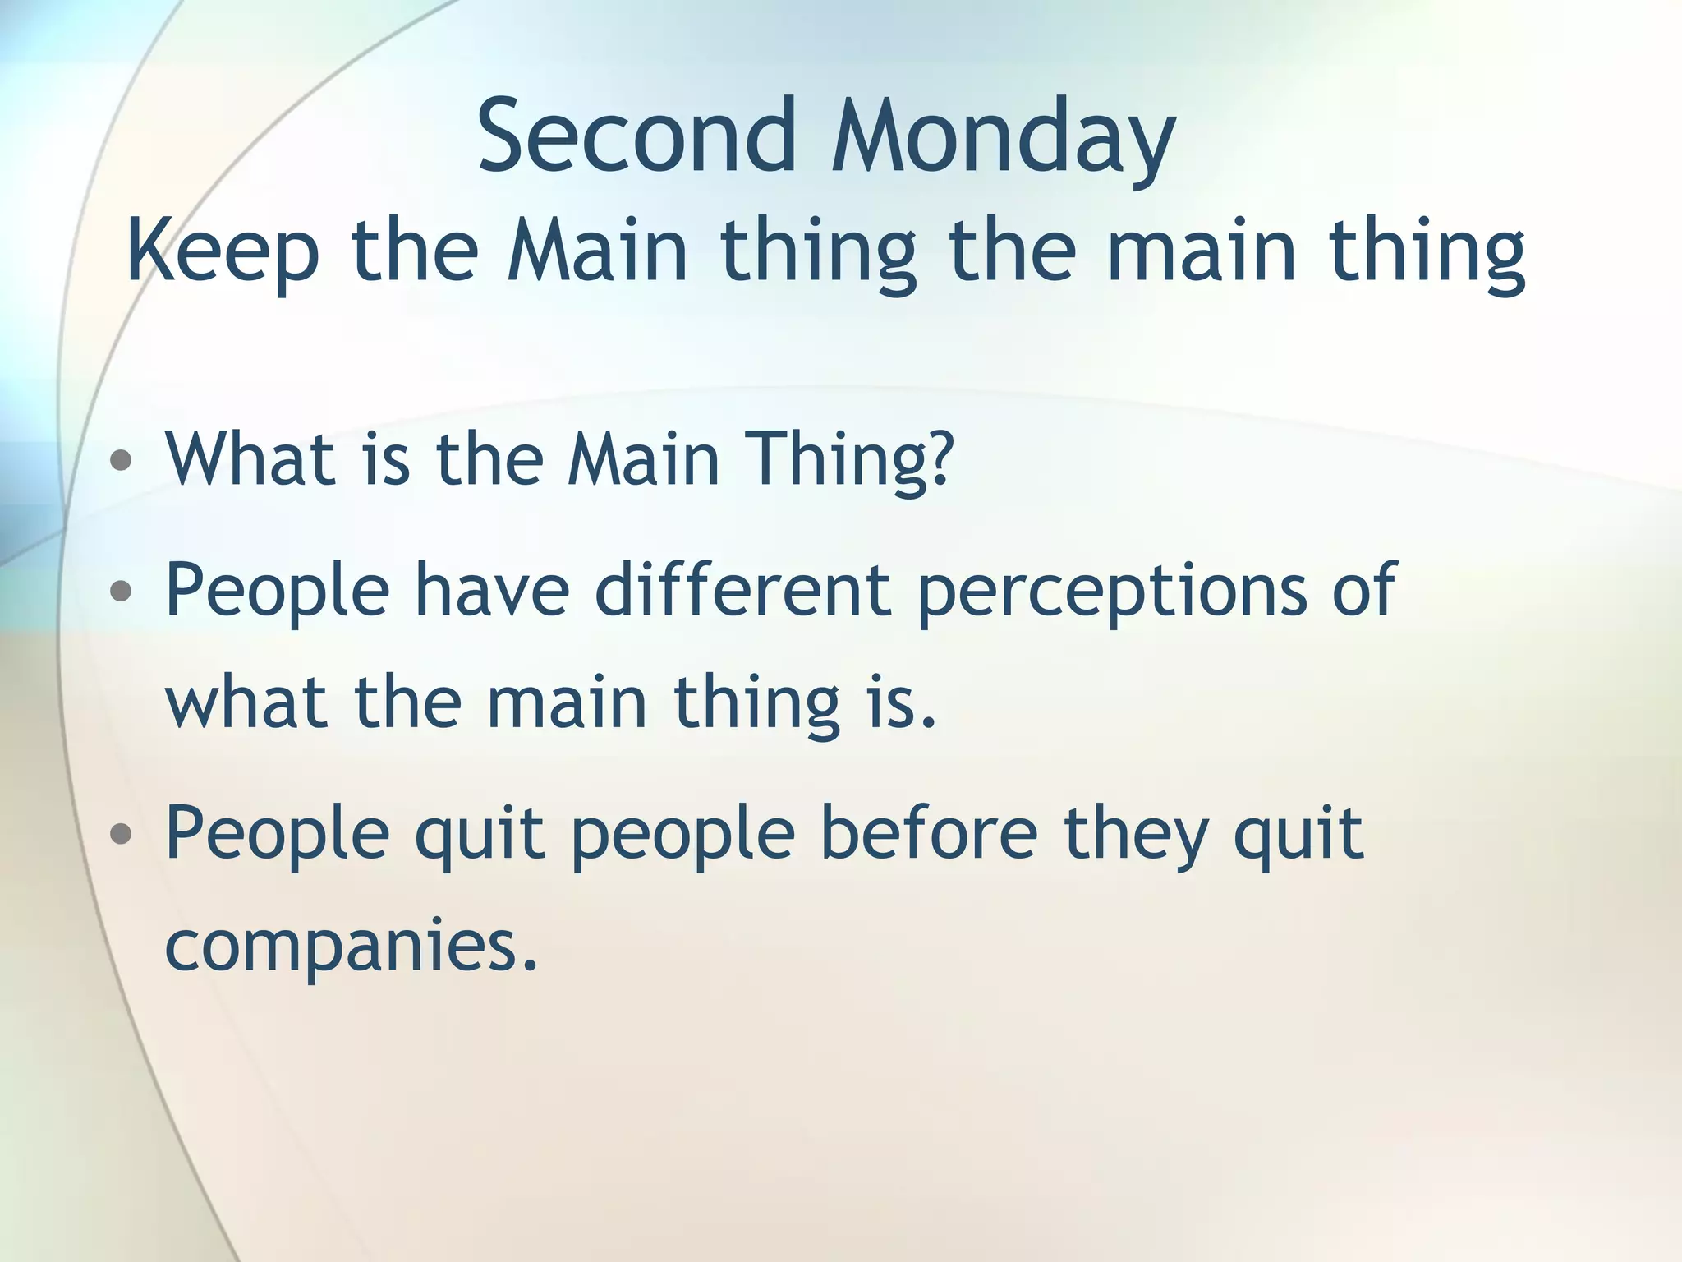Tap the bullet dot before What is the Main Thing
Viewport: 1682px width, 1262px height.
coord(121,461)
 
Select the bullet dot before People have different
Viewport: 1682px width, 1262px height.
coord(121,589)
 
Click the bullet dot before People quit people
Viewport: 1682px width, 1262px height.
coord(121,834)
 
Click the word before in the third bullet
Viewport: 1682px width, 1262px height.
coord(929,833)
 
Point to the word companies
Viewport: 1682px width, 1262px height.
coord(352,946)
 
